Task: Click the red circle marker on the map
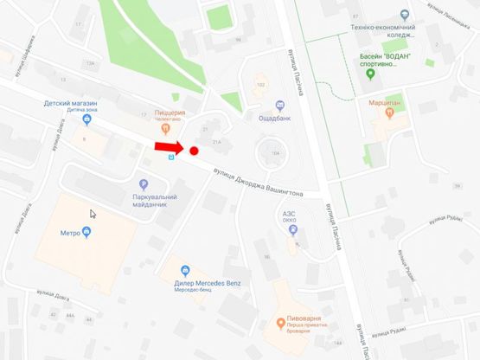[195, 151]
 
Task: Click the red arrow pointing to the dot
[170, 149]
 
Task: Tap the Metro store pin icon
[86, 232]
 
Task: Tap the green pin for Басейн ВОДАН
[370, 73]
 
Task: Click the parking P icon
[144, 183]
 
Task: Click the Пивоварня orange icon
[279, 324]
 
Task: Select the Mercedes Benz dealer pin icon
[184, 269]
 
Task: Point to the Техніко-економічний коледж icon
[405, 15]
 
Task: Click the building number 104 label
[276, 152]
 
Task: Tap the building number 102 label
[261, 85]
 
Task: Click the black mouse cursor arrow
[93, 214]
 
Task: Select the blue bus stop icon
[171, 158]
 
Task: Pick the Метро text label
[69, 233]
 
